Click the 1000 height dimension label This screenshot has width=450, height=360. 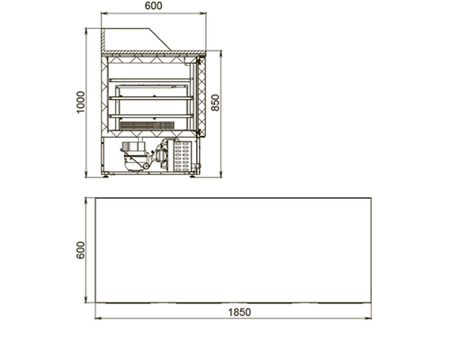click(81, 102)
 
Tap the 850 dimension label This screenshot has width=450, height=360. click(215, 103)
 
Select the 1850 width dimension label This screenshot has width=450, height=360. click(239, 312)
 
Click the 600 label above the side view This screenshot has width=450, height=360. click(154, 5)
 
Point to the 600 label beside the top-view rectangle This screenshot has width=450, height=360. click(81, 250)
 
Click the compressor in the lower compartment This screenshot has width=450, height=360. click(134, 155)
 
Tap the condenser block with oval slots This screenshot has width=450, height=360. click(182, 156)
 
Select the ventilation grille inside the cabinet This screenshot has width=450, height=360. click(147, 125)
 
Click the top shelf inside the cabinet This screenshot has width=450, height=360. click(151, 80)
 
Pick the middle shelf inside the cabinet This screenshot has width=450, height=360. click(151, 98)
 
